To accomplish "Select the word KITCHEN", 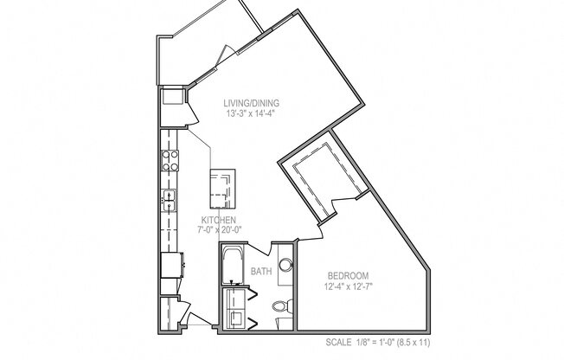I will (220, 221).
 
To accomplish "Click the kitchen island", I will (222, 188).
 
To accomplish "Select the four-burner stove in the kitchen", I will (170, 160).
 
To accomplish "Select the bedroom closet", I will (321, 182).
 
